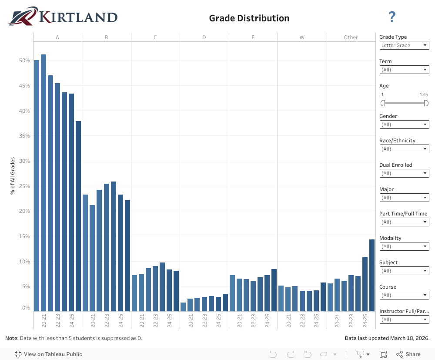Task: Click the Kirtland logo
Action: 63,17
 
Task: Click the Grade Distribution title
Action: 249,18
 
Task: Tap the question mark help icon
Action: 392,17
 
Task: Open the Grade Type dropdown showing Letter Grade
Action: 405,45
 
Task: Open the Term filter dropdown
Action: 405,70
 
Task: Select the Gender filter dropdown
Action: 405,124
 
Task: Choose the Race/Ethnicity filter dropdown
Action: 405,149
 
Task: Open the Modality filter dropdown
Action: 405,246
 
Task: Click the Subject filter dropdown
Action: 405,271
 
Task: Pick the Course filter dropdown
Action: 405,295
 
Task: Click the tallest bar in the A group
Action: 43,183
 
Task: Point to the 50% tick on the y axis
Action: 24,61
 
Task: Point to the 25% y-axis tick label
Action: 24,186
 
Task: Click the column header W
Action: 302,37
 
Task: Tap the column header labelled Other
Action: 351,37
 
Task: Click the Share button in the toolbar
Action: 408,354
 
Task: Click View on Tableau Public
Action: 48,354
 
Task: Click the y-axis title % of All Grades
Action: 13,175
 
